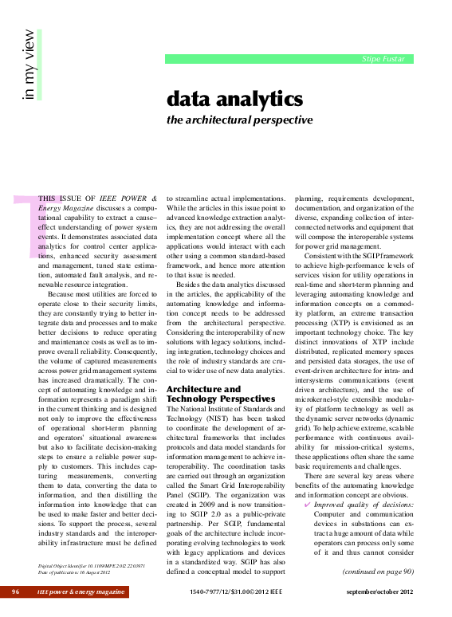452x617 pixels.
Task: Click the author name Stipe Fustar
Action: tap(383, 59)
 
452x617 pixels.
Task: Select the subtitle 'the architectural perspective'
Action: tap(239, 120)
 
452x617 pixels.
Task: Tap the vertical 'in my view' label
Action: tap(29, 66)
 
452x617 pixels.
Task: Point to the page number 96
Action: tap(15, 592)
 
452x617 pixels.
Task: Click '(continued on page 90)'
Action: tap(377, 571)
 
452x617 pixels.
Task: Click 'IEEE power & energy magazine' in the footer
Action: tap(81, 592)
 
